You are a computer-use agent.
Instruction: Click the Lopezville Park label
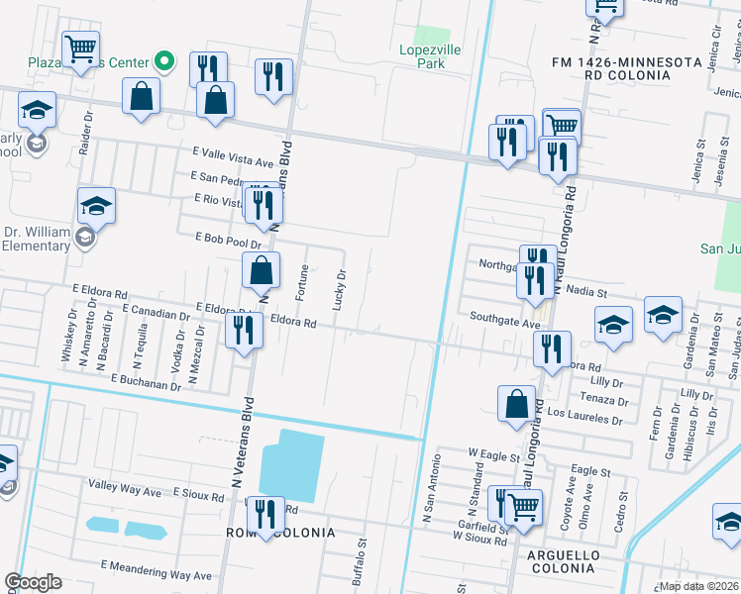click(x=424, y=56)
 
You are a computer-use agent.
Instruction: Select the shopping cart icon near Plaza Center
click(x=79, y=47)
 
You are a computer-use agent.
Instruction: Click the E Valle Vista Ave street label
click(x=232, y=161)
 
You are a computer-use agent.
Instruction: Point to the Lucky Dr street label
click(x=340, y=289)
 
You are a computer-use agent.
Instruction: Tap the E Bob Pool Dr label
click(x=228, y=239)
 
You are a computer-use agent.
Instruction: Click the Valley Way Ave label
click(x=125, y=490)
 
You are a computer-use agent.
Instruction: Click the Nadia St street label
click(x=587, y=292)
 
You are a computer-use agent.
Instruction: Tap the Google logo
click(x=34, y=582)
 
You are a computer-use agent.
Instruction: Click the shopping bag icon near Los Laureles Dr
click(x=515, y=403)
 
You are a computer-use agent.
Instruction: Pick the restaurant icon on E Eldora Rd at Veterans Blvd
click(x=244, y=330)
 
